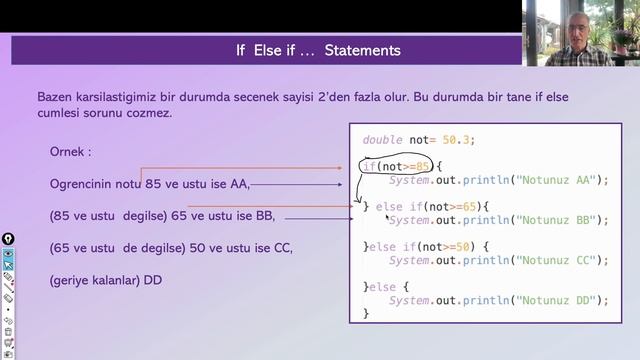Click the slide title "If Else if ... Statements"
click(318, 50)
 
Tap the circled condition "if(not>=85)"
click(397, 165)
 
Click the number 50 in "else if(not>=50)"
click(466, 246)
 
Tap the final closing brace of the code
click(366, 313)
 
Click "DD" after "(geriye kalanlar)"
click(153, 280)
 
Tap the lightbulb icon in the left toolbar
click(7, 239)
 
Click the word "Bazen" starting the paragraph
click(53, 97)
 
